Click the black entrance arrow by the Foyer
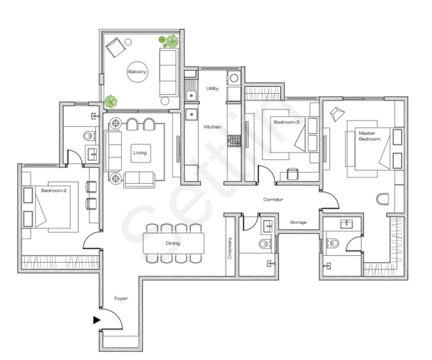(96, 320)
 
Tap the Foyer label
(121, 298)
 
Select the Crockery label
(230, 249)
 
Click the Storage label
(298, 222)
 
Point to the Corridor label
(273, 199)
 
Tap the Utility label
(212, 88)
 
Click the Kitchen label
(212, 127)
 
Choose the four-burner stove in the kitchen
(234, 140)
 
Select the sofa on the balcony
(168, 72)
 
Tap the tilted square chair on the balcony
(115, 48)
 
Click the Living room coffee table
(140, 153)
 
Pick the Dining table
(173, 243)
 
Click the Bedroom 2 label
(54, 191)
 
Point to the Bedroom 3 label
(286, 122)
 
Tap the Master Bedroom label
(369, 136)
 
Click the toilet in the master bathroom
(332, 242)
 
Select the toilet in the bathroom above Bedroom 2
(89, 136)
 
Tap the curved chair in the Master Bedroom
(383, 198)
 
